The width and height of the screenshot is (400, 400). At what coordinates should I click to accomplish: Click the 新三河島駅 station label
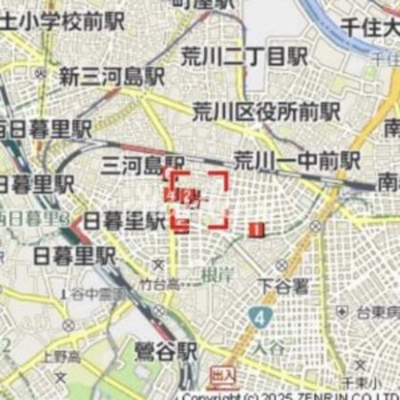112,77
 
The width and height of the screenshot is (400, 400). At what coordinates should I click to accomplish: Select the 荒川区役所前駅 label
266,111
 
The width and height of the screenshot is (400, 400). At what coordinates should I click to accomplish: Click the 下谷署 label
282,287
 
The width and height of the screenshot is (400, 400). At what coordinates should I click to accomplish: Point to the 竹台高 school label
159,285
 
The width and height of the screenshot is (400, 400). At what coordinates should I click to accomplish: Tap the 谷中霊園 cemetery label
100,294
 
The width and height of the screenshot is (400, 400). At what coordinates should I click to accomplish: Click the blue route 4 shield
258,316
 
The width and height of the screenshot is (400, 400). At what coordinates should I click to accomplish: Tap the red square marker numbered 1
257,230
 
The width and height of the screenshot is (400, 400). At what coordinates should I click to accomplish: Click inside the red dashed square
200,200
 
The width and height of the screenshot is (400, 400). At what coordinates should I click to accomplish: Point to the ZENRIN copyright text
294,395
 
